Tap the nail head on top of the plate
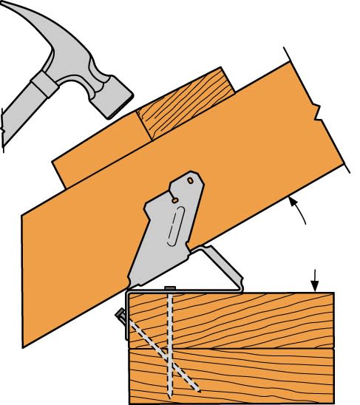[x=171, y=287]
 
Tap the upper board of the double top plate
[x=259, y=318]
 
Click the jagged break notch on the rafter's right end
[x=316, y=114]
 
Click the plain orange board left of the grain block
[x=96, y=159]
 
